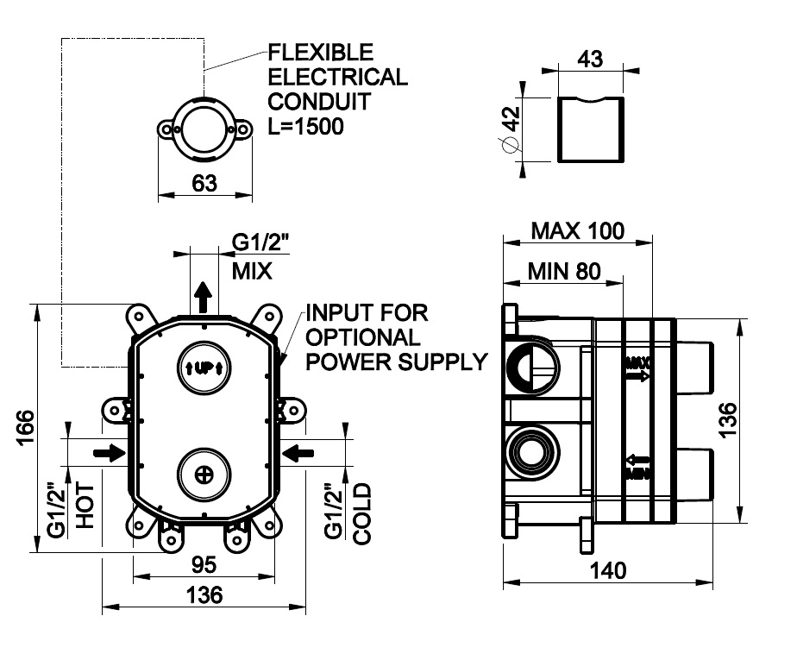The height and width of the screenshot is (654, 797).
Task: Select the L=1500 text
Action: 305,126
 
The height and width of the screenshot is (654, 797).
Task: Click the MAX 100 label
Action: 577,231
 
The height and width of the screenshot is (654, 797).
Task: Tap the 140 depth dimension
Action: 609,569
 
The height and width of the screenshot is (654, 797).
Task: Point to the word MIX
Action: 252,272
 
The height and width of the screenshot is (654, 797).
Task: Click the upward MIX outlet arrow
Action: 204,298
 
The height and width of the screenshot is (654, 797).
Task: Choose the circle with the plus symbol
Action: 204,473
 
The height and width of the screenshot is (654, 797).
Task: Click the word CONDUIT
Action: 318,101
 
